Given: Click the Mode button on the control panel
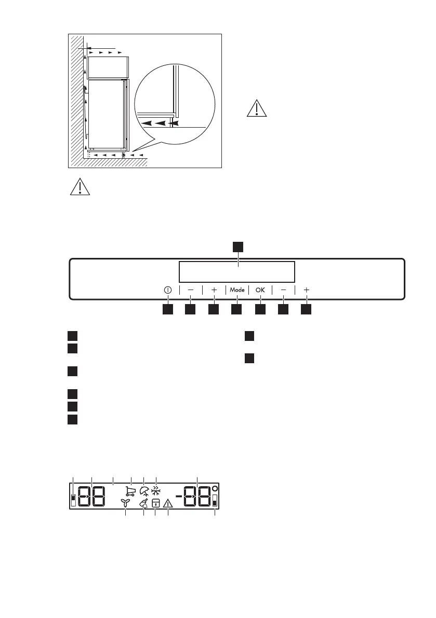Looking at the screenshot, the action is pyautogui.click(x=237, y=290).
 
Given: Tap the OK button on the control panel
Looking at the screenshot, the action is pyautogui.click(x=260, y=290).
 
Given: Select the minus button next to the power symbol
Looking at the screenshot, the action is pyautogui.click(x=190, y=290).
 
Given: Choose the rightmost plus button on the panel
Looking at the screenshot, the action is pyautogui.click(x=307, y=290).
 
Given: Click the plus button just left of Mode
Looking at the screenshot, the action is pyautogui.click(x=214, y=290).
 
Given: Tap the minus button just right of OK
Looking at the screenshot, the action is pyautogui.click(x=283, y=290).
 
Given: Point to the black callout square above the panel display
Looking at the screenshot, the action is pyautogui.click(x=237, y=246).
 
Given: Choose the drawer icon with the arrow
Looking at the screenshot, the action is pyautogui.click(x=156, y=503).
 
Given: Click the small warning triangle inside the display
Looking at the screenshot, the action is pyautogui.click(x=168, y=503).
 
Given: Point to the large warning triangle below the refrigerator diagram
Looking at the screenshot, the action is pyautogui.click(x=80, y=186).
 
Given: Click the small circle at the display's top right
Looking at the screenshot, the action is pyautogui.click(x=215, y=489).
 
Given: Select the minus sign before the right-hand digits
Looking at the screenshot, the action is pyautogui.click(x=179, y=497).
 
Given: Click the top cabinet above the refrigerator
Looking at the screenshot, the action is pyautogui.click(x=107, y=67).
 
